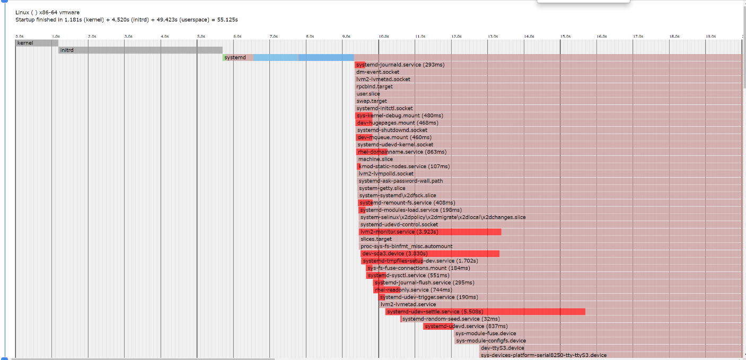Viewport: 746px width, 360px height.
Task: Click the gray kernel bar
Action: (x=36, y=43)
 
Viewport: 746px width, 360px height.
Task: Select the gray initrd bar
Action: (x=140, y=50)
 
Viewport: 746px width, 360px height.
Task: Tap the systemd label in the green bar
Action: (x=235, y=57)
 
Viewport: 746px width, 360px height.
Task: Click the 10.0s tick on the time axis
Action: (x=383, y=37)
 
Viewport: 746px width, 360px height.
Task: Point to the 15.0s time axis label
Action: (x=565, y=37)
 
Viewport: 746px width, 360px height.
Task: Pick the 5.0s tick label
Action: (x=201, y=37)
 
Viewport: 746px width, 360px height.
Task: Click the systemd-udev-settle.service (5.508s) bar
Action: (x=485, y=312)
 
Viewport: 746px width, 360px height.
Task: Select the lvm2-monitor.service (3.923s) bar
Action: (x=430, y=232)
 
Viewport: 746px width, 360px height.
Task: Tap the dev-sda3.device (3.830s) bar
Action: (x=429, y=253)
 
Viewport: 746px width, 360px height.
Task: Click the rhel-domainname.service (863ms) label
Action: (x=402, y=152)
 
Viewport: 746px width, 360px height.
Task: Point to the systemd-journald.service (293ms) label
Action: (x=400, y=65)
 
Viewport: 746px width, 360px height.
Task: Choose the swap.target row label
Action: (x=372, y=101)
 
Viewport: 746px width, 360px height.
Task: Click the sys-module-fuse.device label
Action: (x=486, y=333)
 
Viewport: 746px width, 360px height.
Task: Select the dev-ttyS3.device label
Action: (x=502, y=348)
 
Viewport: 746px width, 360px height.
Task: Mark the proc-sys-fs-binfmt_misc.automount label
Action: (x=407, y=246)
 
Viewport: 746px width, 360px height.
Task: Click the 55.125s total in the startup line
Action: (x=226, y=20)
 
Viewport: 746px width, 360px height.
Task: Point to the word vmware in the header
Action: (x=69, y=12)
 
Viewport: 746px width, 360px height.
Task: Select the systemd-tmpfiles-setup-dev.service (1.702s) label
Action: (x=420, y=261)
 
